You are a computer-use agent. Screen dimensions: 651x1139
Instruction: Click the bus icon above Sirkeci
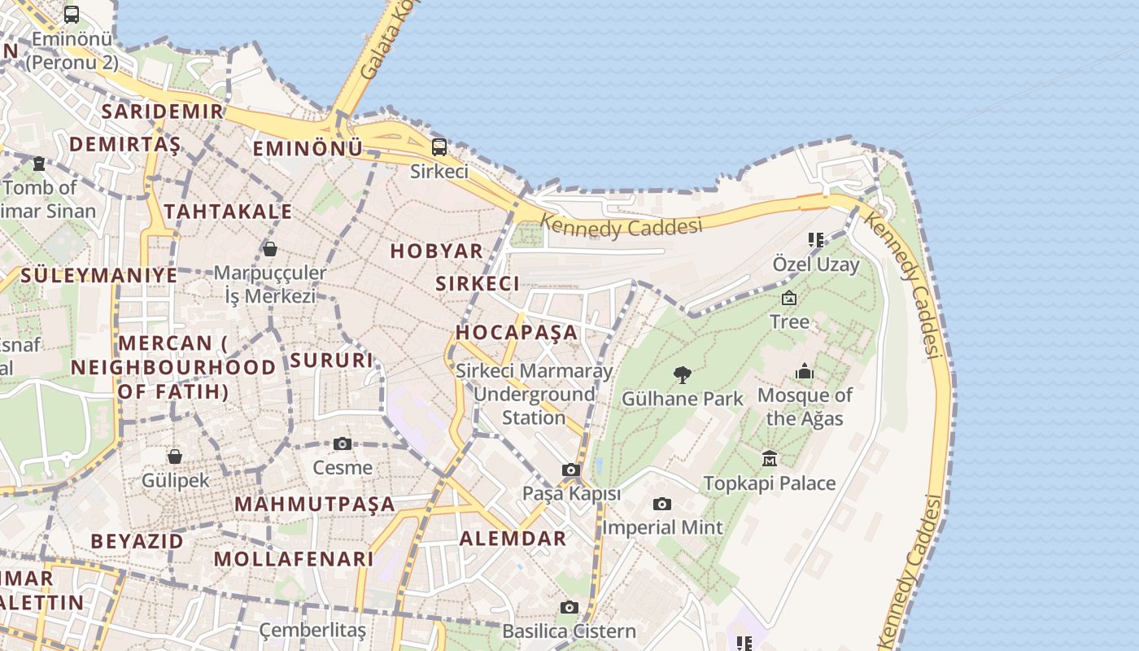click(439, 147)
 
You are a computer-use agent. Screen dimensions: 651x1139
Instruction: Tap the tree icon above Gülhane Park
click(683, 375)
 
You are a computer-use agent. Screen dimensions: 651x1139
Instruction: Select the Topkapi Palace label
click(769, 483)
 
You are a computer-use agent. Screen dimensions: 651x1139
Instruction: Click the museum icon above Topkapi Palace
click(770, 459)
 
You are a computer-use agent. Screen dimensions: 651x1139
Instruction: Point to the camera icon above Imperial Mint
click(662, 504)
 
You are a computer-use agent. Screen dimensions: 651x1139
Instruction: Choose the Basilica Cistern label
click(569, 631)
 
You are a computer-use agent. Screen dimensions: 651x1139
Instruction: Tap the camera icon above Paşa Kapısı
click(571, 470)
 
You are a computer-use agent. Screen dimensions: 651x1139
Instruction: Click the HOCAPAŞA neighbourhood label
click(517, 332)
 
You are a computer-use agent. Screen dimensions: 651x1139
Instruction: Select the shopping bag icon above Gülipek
click(175, 457)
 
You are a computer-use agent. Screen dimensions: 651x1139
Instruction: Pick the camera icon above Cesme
click(343, 443)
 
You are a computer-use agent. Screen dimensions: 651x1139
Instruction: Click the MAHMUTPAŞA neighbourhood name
click(315, 504)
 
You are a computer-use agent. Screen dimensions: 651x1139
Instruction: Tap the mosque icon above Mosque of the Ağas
click(805, 372)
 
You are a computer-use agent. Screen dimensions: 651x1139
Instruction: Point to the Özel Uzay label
click(815, 264)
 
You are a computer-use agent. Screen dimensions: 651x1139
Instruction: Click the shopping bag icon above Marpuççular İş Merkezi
click(270, 248)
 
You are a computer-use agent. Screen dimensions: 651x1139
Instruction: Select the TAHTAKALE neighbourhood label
click(228, 212)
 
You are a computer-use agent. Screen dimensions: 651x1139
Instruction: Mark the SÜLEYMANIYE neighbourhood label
click(98, 275)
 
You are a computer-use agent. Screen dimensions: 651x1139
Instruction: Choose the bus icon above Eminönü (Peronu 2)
click(72, 14)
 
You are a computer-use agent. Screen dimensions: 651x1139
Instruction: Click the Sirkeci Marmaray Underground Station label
click(534, 394)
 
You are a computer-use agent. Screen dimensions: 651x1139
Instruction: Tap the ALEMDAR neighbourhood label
click(513, 538)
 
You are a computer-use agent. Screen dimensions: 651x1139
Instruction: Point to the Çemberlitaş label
click(312, 630)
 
